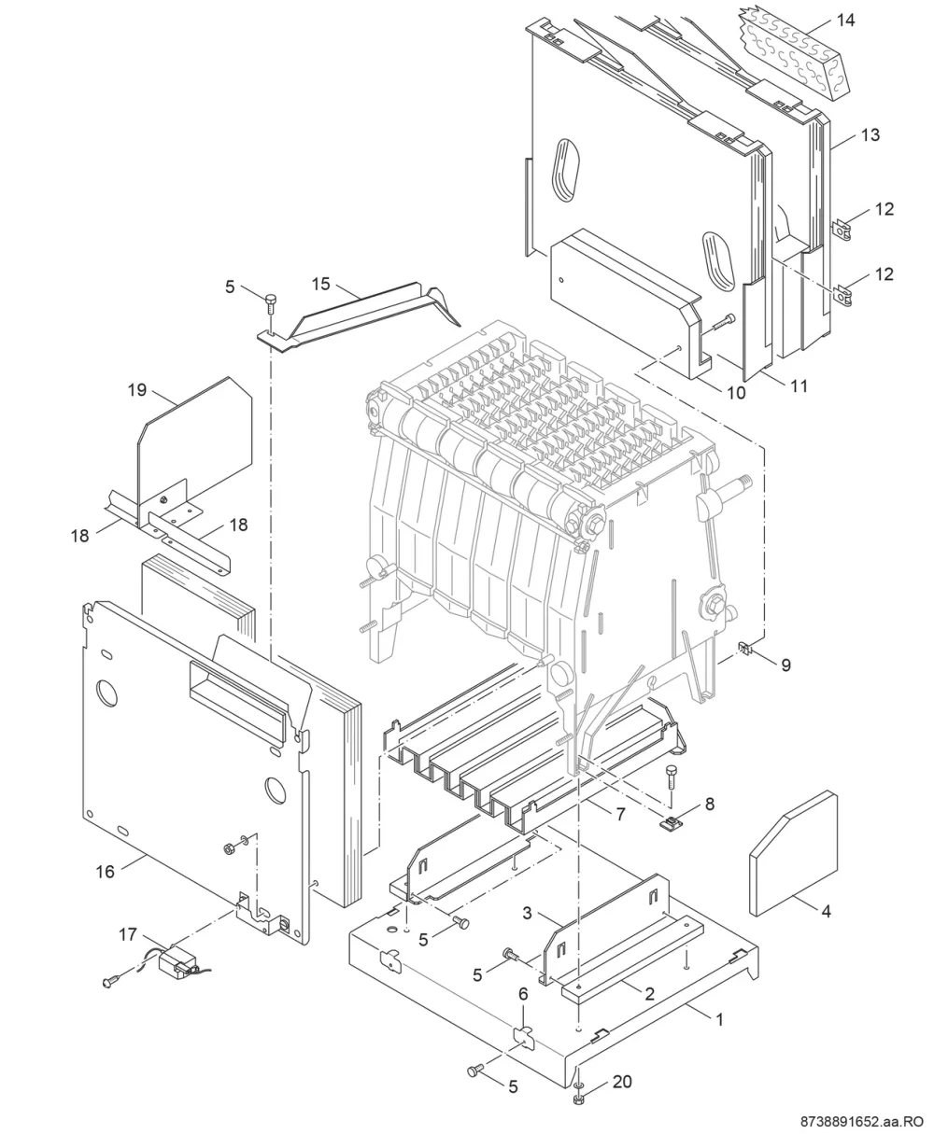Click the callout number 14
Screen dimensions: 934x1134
[845, 21]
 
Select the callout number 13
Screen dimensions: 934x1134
[870, 134]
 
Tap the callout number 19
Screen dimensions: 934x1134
[137, 389]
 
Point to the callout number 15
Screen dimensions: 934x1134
[320, 284]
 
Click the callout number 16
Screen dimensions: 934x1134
[106, 872]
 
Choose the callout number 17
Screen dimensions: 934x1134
[128, 935]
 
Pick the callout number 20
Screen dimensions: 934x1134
[622, 1082]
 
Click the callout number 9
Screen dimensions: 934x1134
[786, 665]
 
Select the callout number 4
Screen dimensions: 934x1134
[826, 911]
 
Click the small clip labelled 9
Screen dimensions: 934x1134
[747, 650]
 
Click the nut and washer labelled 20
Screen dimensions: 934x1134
[579, 1094]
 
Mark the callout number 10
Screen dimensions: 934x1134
[736, 393]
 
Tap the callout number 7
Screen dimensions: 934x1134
[621, 814]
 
